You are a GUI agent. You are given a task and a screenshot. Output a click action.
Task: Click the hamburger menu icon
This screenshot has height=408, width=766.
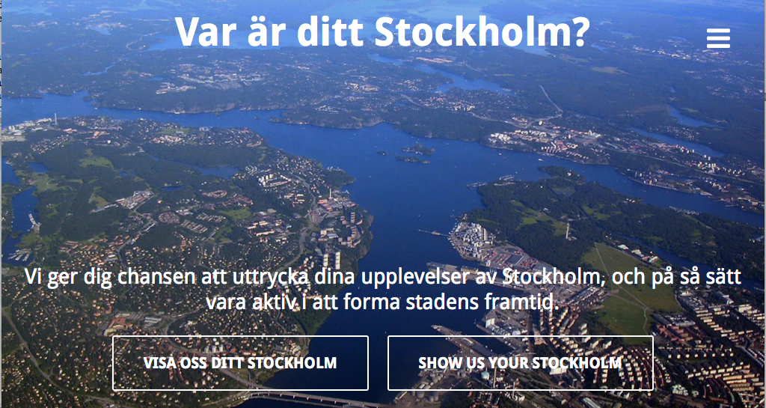[718, 39]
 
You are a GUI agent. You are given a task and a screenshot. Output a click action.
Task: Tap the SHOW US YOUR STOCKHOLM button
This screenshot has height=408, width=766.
[521, 363]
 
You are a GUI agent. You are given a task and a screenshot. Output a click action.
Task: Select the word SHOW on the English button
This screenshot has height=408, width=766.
[437, 363]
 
